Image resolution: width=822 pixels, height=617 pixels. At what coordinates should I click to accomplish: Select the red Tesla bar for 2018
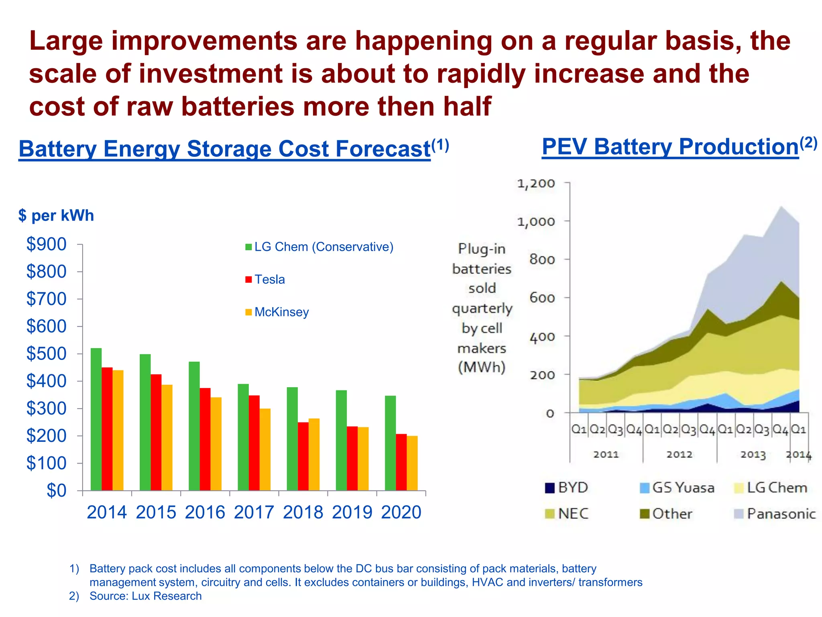tap(303, 456)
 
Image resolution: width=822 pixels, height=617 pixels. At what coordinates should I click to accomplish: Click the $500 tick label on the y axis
tap(46, 354)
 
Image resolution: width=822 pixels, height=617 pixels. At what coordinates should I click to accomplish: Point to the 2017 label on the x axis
tap(254, 513)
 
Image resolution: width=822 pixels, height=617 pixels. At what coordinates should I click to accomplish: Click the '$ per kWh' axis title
tap(56, 216)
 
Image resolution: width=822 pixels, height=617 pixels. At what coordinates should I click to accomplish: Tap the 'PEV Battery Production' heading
tap(670, 147)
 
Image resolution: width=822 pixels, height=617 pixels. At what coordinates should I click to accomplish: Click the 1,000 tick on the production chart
tap(535, 222)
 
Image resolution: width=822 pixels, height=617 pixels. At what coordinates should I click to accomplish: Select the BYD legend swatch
tap(549, 488)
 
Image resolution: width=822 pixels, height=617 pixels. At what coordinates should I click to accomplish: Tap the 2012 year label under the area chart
tap(679, 455)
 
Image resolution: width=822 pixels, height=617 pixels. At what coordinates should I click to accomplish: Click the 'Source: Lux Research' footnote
tap(145, 596)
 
